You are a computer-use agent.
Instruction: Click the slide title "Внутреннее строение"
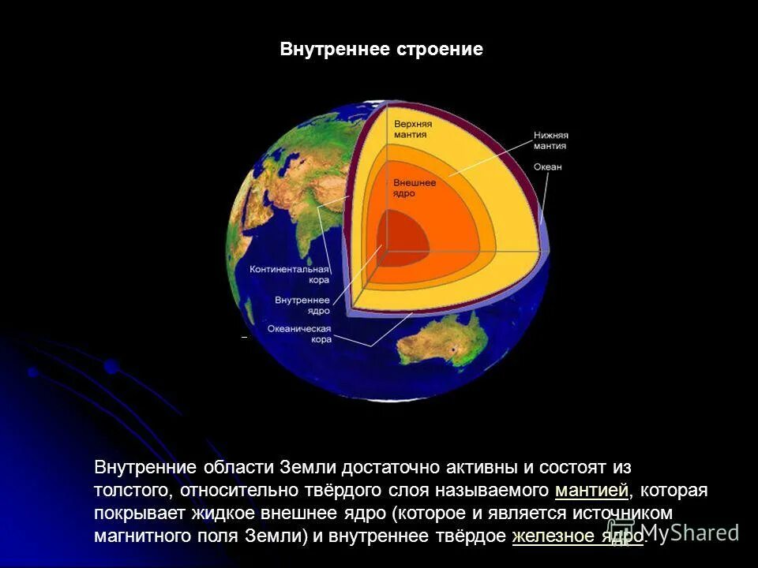(x=381, y=50)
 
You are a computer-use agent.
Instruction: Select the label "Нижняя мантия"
(x=550, y=140)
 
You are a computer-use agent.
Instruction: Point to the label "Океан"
(x=547, y=167)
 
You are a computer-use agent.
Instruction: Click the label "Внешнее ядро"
(x=415, y=187)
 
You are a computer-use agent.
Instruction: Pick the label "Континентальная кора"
(x=290, y=274)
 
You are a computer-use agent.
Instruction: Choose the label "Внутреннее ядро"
(x=302, y=305)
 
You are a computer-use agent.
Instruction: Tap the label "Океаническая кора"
(x=299, y=333)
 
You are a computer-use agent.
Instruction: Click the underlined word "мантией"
(x=591, y=491)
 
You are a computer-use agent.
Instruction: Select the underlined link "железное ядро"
(x=578, y=536)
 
